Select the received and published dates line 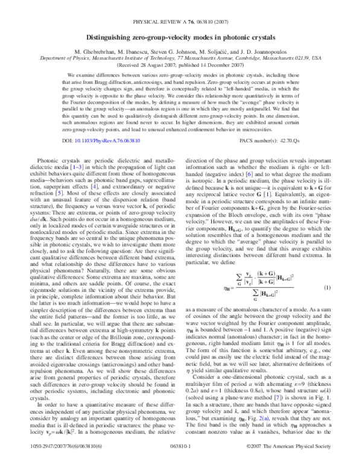181,51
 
